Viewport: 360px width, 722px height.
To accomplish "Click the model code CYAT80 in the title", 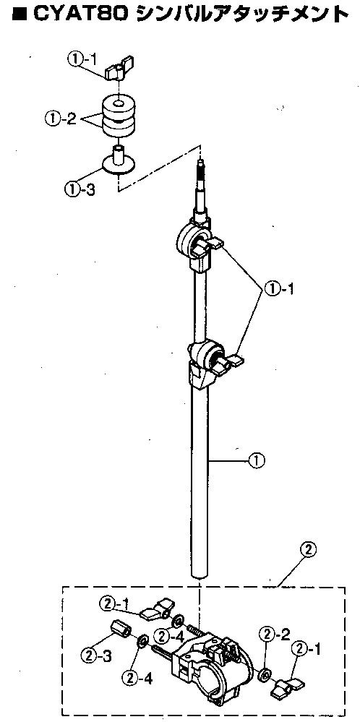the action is pyautogui.click(x=82, y=15).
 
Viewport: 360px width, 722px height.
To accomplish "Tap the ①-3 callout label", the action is pyautogui.click(x=80, y=189).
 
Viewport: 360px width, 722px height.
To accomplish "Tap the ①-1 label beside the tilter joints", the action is pyautogui.click(x=278, y=289).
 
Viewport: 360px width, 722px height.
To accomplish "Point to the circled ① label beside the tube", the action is pyautogui.click(x=257, y=460).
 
